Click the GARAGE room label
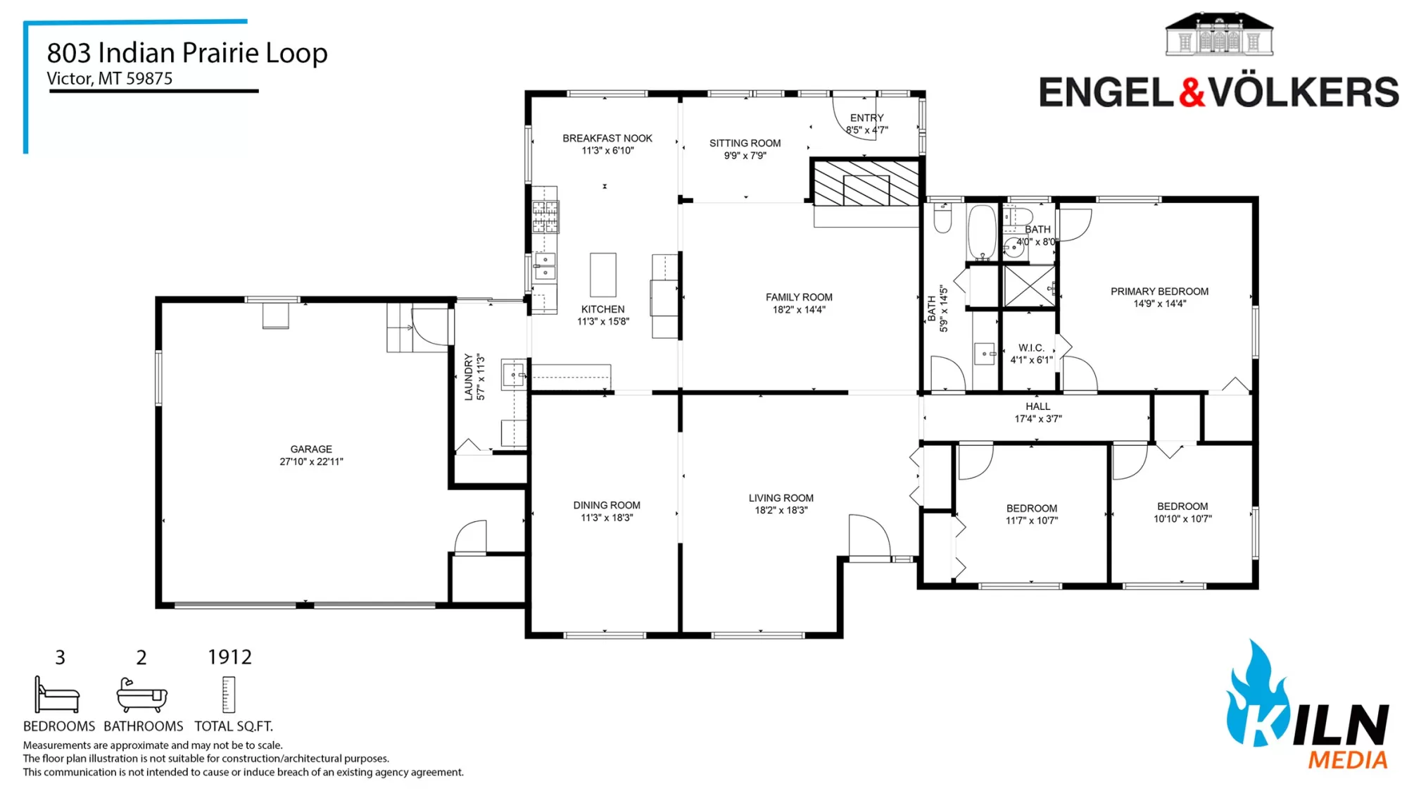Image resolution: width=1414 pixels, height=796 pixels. [311, 449]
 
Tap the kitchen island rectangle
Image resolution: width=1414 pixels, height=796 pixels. [603, 275]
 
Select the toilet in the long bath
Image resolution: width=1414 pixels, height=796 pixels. [942, 217]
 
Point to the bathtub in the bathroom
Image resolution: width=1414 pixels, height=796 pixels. [982, 232]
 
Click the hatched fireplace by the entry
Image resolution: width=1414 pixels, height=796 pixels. [866, 182]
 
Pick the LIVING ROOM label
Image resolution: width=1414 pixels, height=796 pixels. [781, 498]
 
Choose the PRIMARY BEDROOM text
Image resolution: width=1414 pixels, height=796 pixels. [1159, 292]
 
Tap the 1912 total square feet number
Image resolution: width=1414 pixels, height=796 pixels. [229, 657]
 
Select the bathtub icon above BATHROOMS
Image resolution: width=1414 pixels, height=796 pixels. [141, 695]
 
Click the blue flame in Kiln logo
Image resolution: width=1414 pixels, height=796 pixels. [1258, 694]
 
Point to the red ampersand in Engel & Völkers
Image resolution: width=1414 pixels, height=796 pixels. [1192, 92]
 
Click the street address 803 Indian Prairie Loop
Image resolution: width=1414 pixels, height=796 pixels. [187, 53]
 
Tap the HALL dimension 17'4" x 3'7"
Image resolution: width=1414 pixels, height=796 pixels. [1037, 418]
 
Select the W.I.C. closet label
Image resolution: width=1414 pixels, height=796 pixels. [1031, 348]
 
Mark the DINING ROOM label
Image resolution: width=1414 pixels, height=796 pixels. [607, 505]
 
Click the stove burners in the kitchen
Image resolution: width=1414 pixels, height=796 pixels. [545, 217]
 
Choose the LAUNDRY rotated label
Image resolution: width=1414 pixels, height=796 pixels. [468, 378]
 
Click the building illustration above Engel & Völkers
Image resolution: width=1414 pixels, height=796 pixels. [1219, 34]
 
